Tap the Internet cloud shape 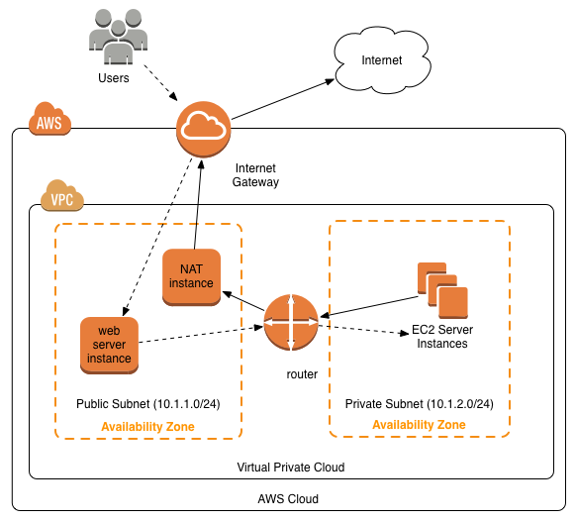381,62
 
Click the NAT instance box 191,276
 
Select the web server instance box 109,343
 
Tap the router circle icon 291,323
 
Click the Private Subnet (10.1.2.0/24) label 419,404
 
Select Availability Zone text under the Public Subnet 147,426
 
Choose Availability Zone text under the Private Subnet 419,425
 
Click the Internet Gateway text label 255,174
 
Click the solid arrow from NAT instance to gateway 196,203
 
